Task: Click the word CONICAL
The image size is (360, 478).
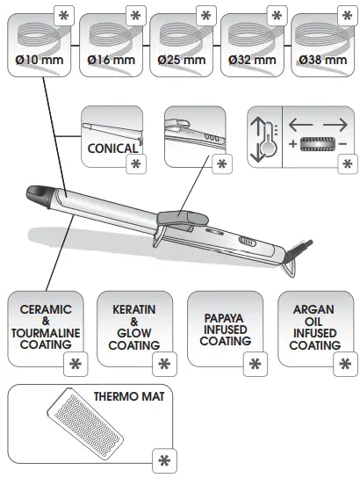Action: [x=112, y=148]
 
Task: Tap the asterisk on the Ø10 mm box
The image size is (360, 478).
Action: [x=64, y=15]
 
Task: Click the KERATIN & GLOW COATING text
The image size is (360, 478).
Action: [x=133, y=328]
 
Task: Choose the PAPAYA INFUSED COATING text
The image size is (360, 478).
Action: [x=225, y=328]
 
